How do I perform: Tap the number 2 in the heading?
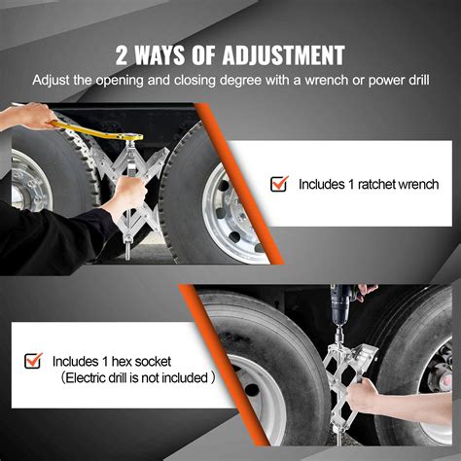pos(123,53)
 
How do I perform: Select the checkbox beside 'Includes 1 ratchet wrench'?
pos(279,183)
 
